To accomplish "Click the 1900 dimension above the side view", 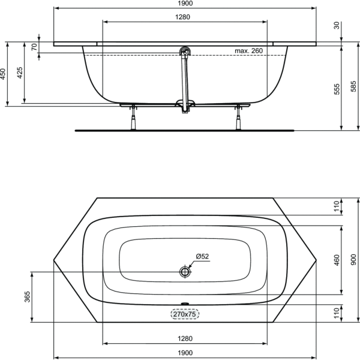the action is pyautogui.click(x=185, y=3).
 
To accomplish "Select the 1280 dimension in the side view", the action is pyautogui.click(x=183, y=17).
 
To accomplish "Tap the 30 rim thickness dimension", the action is pyautogui.click(x=337, y=25).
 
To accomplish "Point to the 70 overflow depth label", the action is pyautogui.click(x=34, y=47).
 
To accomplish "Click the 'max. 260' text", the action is pyautogui.click(x=248, y=51).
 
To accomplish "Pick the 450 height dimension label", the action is pyautogui.click(x=3, y=74).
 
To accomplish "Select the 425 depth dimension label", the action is pyautogui.click(x=20, y=73).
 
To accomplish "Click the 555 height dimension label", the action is pyautogui.click(x=337, y=89).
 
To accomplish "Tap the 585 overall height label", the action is pyautogui.click(x=353, y=86).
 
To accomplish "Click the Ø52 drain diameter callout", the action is pyautogui.click(x=202, y=256).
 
